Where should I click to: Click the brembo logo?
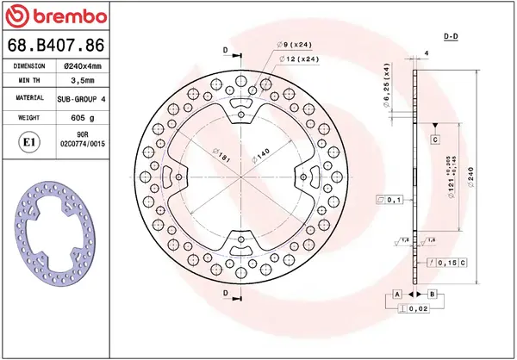(57, 16)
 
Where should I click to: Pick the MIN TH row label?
(29, 82)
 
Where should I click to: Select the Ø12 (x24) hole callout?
(299, 59)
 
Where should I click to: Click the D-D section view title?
(450, 36)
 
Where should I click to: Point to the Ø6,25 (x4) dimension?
(385, 85)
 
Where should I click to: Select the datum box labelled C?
(435, 139)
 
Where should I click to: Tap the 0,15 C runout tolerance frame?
(447, 262)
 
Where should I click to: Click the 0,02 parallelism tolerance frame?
(417, 308)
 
